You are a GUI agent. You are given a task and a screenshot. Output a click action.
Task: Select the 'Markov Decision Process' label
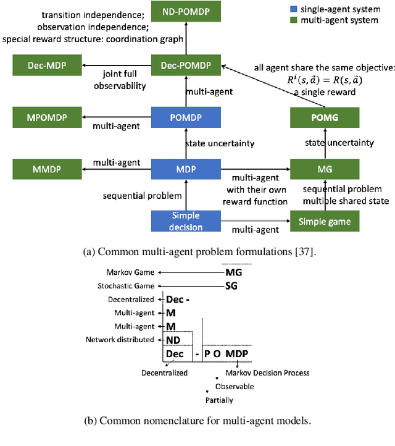click(x=267, y=373)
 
